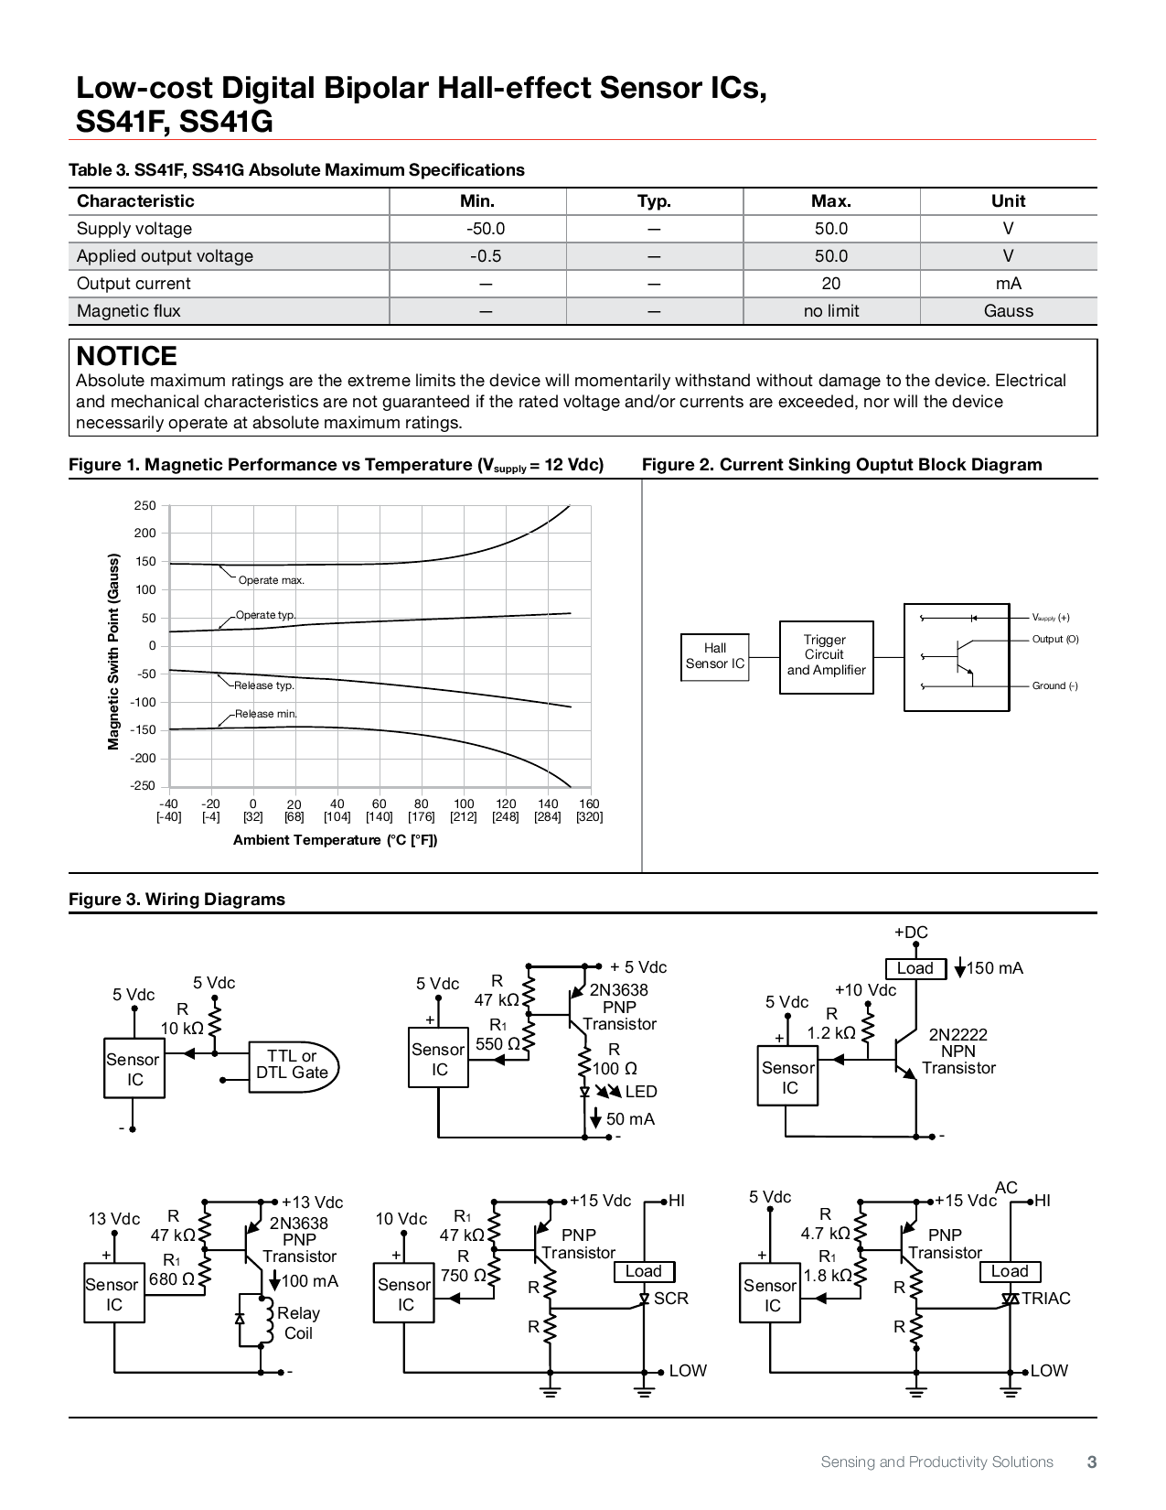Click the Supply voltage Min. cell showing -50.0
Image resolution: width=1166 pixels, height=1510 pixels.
point(485,229)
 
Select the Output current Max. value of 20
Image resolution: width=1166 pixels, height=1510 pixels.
point(830,284)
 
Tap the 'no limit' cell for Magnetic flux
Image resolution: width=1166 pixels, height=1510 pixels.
point(830,311)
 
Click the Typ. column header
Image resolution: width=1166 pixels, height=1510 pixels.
point(654,201)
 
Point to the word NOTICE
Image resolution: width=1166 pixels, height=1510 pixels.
point(126,356)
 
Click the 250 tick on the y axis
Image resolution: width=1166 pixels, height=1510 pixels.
point(144,506)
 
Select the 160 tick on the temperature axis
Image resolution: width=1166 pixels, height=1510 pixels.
point(589,804)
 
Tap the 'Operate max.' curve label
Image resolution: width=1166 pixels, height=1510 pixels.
point(271,580)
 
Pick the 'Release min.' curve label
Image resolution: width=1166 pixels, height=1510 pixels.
point(265,714)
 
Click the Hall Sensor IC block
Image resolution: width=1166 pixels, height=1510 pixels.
point(715,656)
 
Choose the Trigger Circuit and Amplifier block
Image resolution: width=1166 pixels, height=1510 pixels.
point(826,656)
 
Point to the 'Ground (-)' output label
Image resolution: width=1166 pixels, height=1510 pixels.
point(1054,686)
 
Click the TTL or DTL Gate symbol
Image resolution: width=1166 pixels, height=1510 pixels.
point(293,1065)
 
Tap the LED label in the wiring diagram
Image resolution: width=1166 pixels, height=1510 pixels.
point(640,1092)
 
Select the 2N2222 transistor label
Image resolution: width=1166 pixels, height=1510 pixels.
point(957,1035)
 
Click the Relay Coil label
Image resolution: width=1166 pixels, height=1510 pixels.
point(298,1323)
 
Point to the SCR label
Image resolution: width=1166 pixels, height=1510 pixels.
point(670,1299)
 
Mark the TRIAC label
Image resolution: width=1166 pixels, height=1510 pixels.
point(1045,1299)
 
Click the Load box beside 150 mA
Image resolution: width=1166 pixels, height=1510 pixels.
point(915,968)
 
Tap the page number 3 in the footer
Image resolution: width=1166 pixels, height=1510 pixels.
point(1091,1462)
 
